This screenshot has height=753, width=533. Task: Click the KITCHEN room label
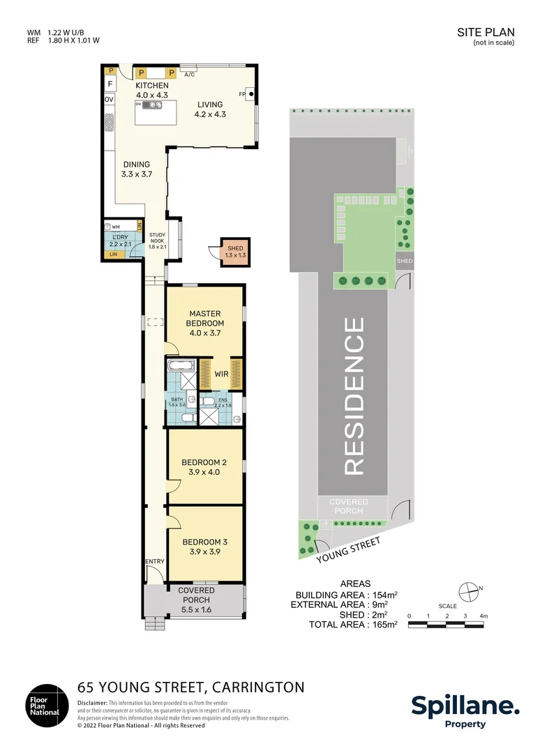pos(152,86)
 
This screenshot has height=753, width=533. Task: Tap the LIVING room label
pos(210,105)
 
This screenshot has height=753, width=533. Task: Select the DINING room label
pos(137,165)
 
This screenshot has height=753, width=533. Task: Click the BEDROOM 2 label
pos(204,462)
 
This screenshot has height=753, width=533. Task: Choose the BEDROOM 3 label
pos(204,542)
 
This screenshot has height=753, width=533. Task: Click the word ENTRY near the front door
pos(154,561)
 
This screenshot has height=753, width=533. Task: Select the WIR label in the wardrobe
pos(221,374)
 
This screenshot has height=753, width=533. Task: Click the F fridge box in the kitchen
pos(110,85)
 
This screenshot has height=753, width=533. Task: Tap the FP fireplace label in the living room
pos(243,92)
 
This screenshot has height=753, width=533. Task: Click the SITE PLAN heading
pos(486,32)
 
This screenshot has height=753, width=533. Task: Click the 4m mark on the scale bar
pos(483,616)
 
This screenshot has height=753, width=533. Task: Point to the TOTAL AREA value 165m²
pos(382,625)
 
